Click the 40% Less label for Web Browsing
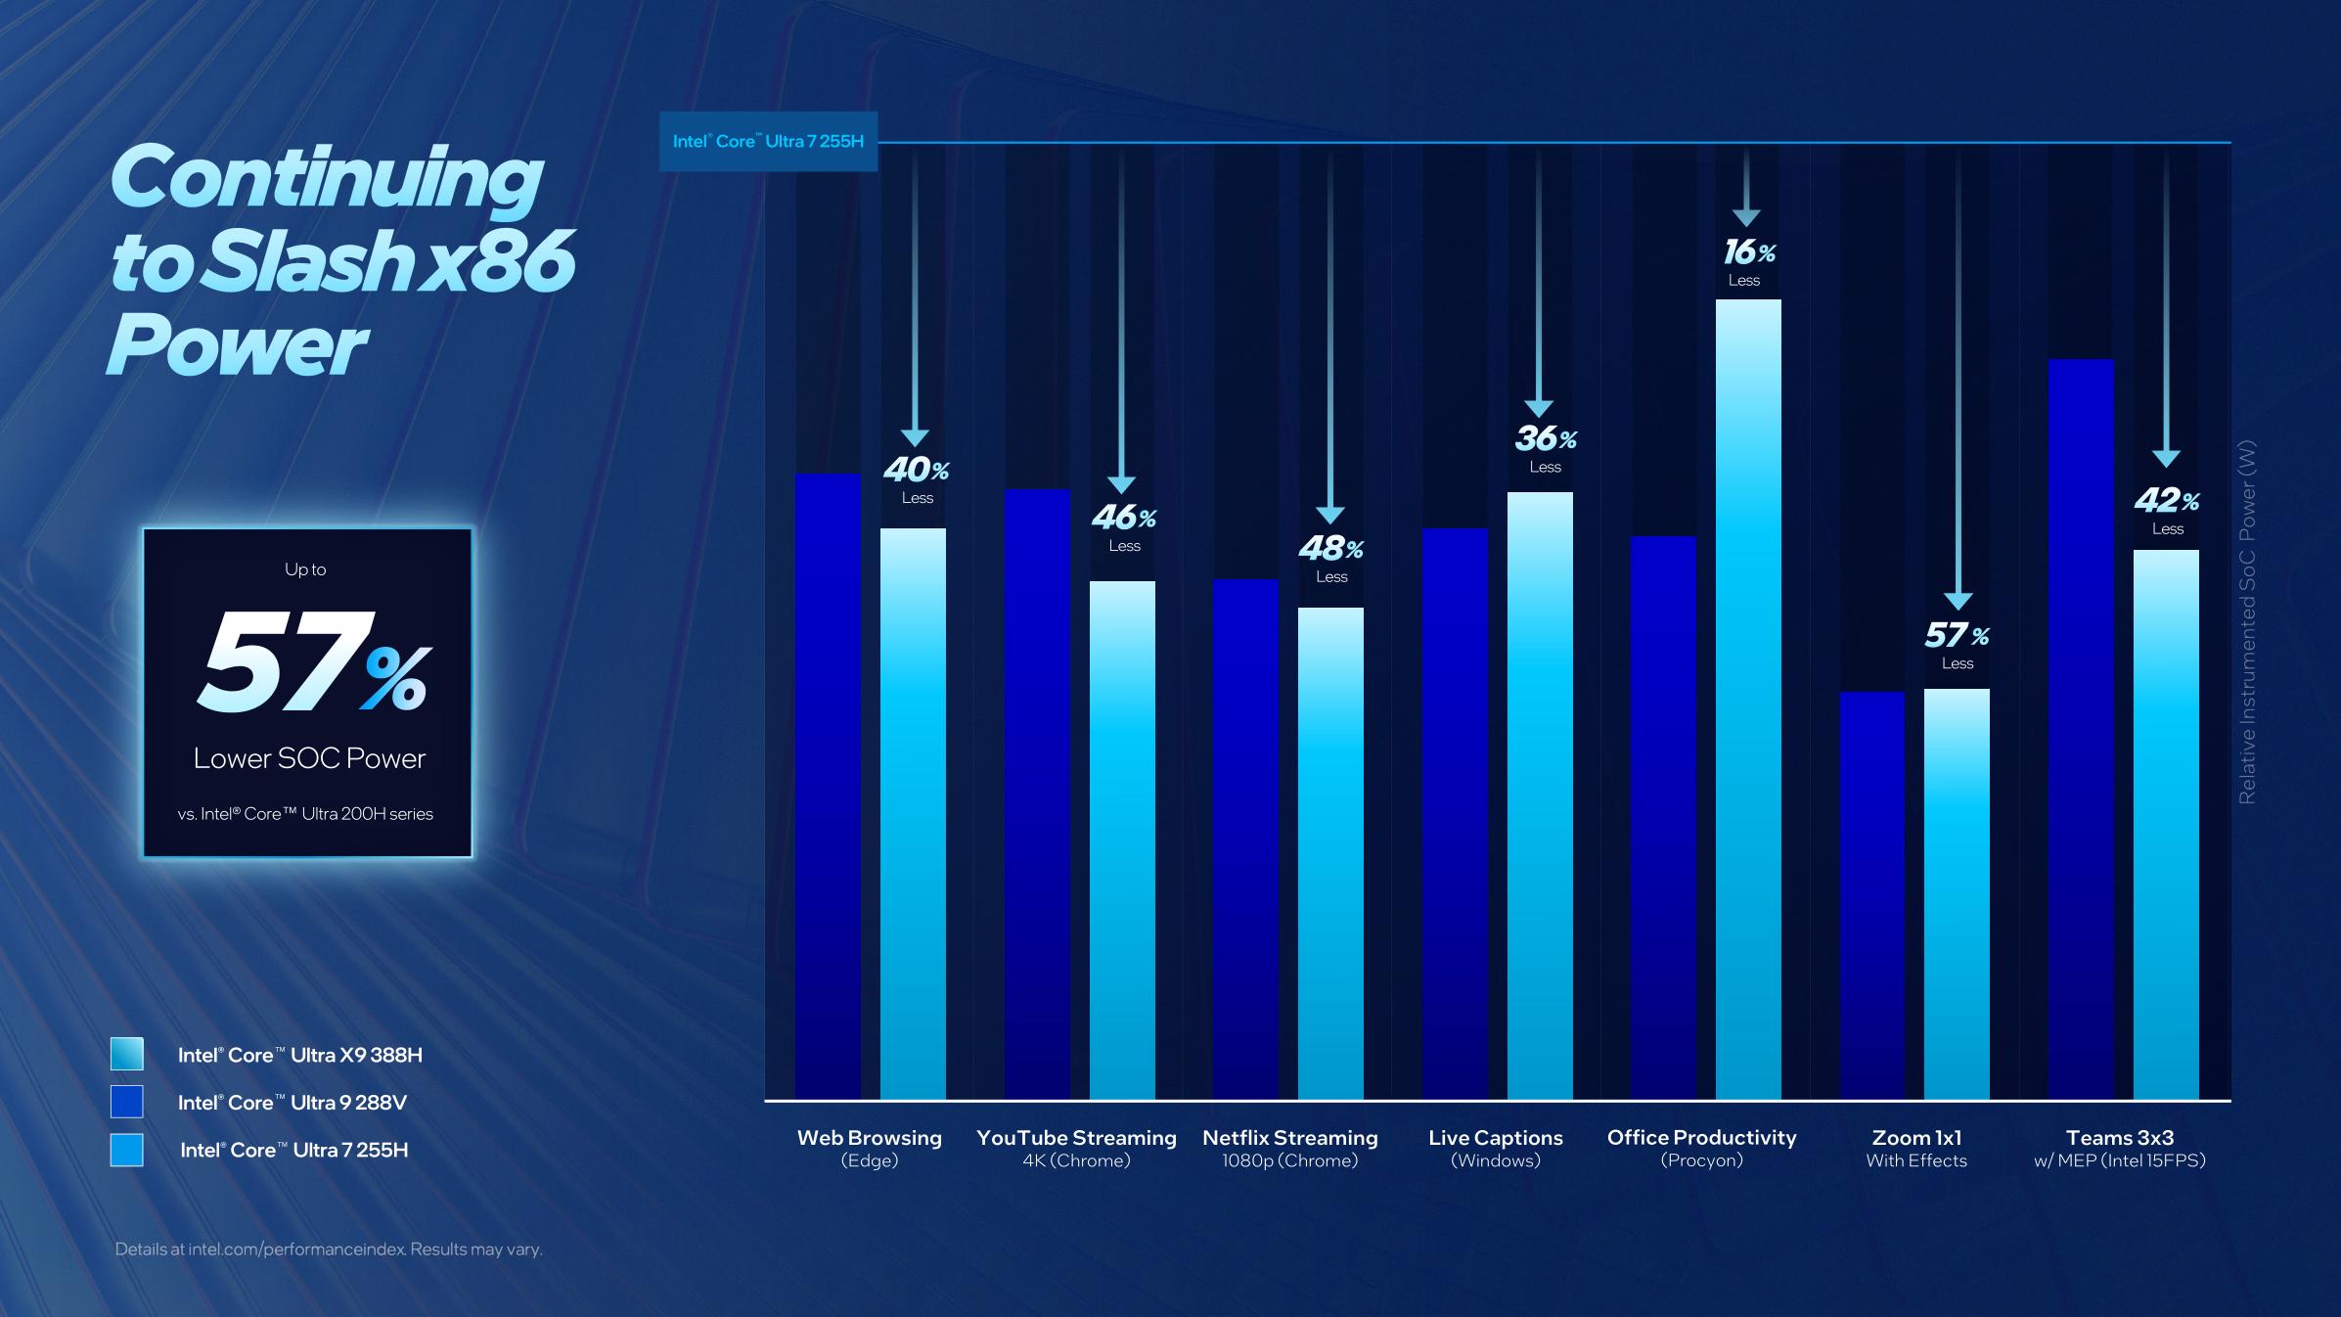coord(917,478)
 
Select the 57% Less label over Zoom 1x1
coord(1957,645)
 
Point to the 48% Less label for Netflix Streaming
coord(1330,558)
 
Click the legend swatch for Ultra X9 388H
coord(127,1054)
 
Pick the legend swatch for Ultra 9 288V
coord(127,1102)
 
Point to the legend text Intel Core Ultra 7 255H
coord(293,1150)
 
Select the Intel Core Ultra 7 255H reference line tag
coord(768,142)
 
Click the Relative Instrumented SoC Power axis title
coord(2247,622)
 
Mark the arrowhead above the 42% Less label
coord(2166,458)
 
